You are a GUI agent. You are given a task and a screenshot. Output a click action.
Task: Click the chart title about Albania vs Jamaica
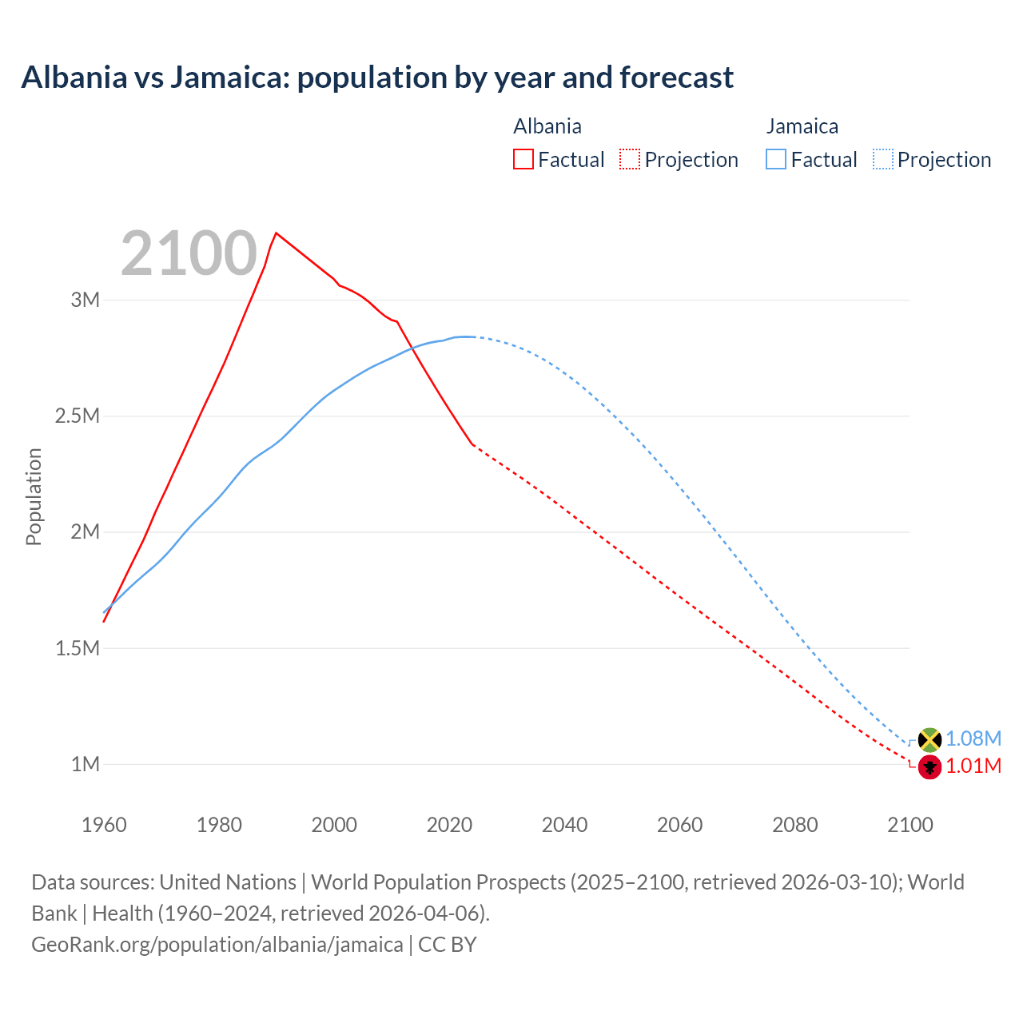[376, 78]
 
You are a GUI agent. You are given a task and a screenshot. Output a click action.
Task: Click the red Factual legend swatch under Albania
[523, 159]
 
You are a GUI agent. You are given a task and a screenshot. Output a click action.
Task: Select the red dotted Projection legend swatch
[630, 159]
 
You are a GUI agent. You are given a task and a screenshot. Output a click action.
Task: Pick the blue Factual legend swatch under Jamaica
[775, 159]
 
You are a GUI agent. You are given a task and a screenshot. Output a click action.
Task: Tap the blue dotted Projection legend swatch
[882, 159]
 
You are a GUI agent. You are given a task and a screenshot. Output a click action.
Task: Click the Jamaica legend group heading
[802, 126]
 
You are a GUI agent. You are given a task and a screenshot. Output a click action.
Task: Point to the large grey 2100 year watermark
[189, 253]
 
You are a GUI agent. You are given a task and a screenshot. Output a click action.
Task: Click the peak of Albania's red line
[276, 233]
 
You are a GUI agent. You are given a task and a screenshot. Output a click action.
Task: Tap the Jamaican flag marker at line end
[929, 739]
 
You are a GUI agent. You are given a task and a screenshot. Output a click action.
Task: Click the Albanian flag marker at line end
[929, 767]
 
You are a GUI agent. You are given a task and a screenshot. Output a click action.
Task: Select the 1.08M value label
[973, 738]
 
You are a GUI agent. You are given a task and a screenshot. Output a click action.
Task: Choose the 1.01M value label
[973, 766]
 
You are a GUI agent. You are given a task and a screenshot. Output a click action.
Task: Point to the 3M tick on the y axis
[86, 300]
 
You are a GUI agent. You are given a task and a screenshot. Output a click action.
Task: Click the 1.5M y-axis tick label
[78, 648]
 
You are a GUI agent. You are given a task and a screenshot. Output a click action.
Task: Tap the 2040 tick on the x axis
[564, 825]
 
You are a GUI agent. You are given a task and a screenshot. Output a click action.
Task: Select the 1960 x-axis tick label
[104, 825]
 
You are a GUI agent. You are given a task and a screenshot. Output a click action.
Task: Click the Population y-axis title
[34, 496]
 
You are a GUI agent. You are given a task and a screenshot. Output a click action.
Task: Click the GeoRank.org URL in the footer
[217, 944]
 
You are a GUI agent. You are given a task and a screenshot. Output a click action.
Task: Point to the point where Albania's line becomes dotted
[473, 444]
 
